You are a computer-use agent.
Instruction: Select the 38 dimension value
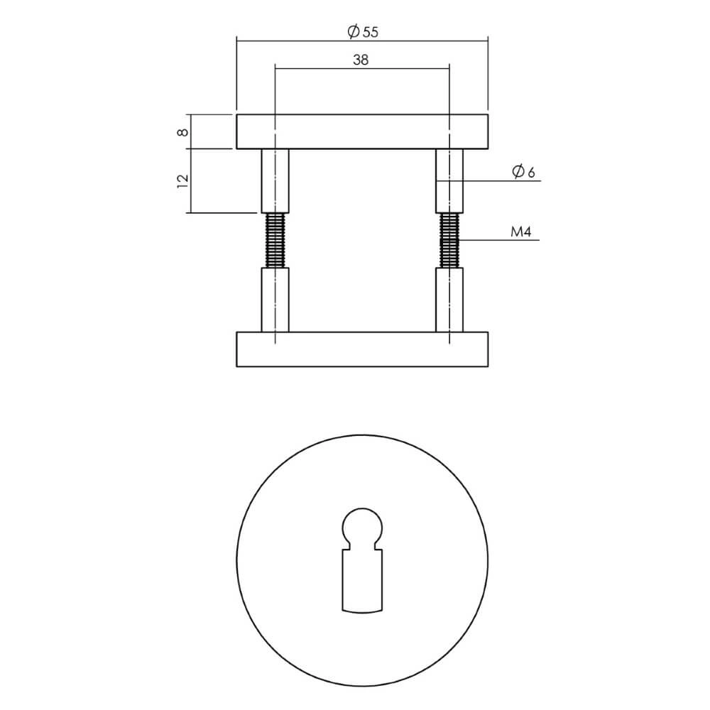(361, 60)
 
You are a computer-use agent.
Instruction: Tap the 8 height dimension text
(182, 132)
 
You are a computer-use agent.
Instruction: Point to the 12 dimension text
(182, 180)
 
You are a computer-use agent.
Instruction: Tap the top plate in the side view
(361, 131)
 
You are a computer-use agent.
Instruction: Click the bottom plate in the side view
(361, 349)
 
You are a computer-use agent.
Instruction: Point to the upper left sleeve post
(275, 181)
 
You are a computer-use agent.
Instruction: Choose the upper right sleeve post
(450, 181)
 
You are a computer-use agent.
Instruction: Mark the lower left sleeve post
(275, 300)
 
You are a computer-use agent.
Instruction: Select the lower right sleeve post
(450, 300)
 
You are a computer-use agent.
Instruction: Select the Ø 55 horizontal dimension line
(298, 40)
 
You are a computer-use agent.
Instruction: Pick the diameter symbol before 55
(351, 31)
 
